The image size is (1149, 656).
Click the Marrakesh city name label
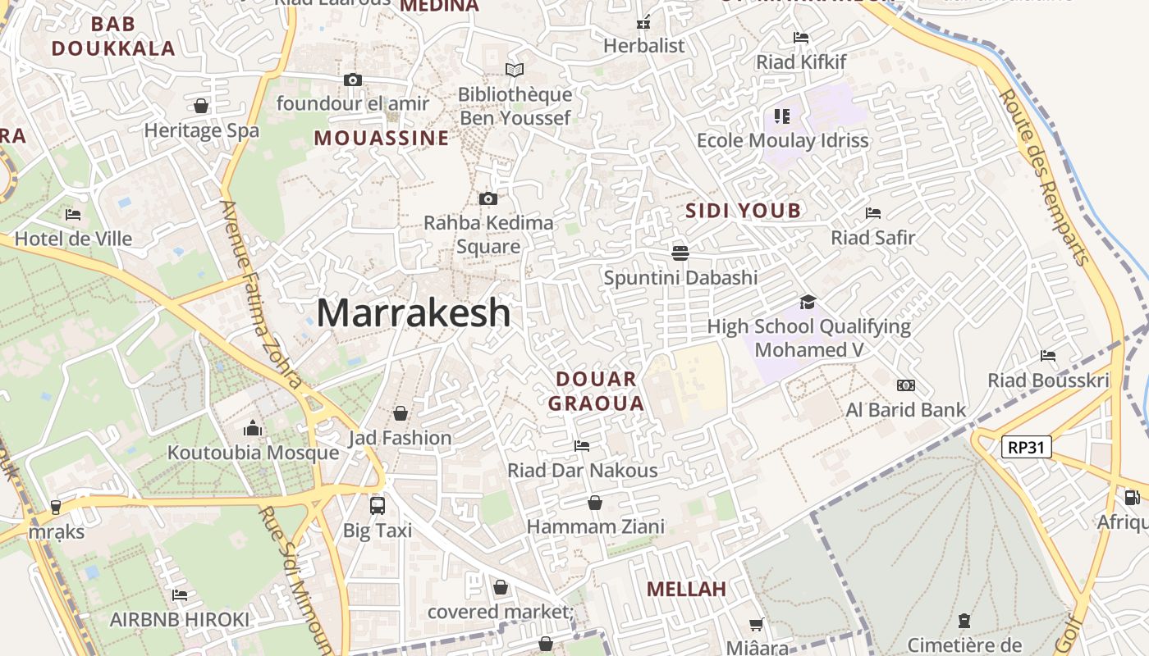[413, 312]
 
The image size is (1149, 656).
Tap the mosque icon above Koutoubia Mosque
[253, 428]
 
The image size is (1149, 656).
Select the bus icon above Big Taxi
[378, 505]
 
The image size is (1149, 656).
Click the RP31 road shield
[1026, 447]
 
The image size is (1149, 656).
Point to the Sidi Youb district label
[743, 211]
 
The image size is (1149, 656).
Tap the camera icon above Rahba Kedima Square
[488, 198]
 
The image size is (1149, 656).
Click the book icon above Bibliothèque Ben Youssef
[515, 71]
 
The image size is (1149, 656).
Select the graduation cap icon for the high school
[808, 303]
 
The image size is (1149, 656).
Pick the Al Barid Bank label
[906, 409]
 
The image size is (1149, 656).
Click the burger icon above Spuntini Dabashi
[680, 253]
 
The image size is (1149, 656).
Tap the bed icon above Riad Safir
[873, 213]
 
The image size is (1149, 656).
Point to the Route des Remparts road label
[1045, 176]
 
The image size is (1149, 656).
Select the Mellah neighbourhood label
[686, 589]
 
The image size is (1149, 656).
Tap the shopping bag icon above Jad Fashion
[401, 412]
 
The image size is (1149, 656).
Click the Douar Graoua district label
[596, 391]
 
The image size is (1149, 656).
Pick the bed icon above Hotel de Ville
[73, 215]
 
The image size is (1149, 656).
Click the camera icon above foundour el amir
[353, 80]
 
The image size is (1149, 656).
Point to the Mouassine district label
[382, 138]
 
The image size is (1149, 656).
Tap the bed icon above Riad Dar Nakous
[582, 445]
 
